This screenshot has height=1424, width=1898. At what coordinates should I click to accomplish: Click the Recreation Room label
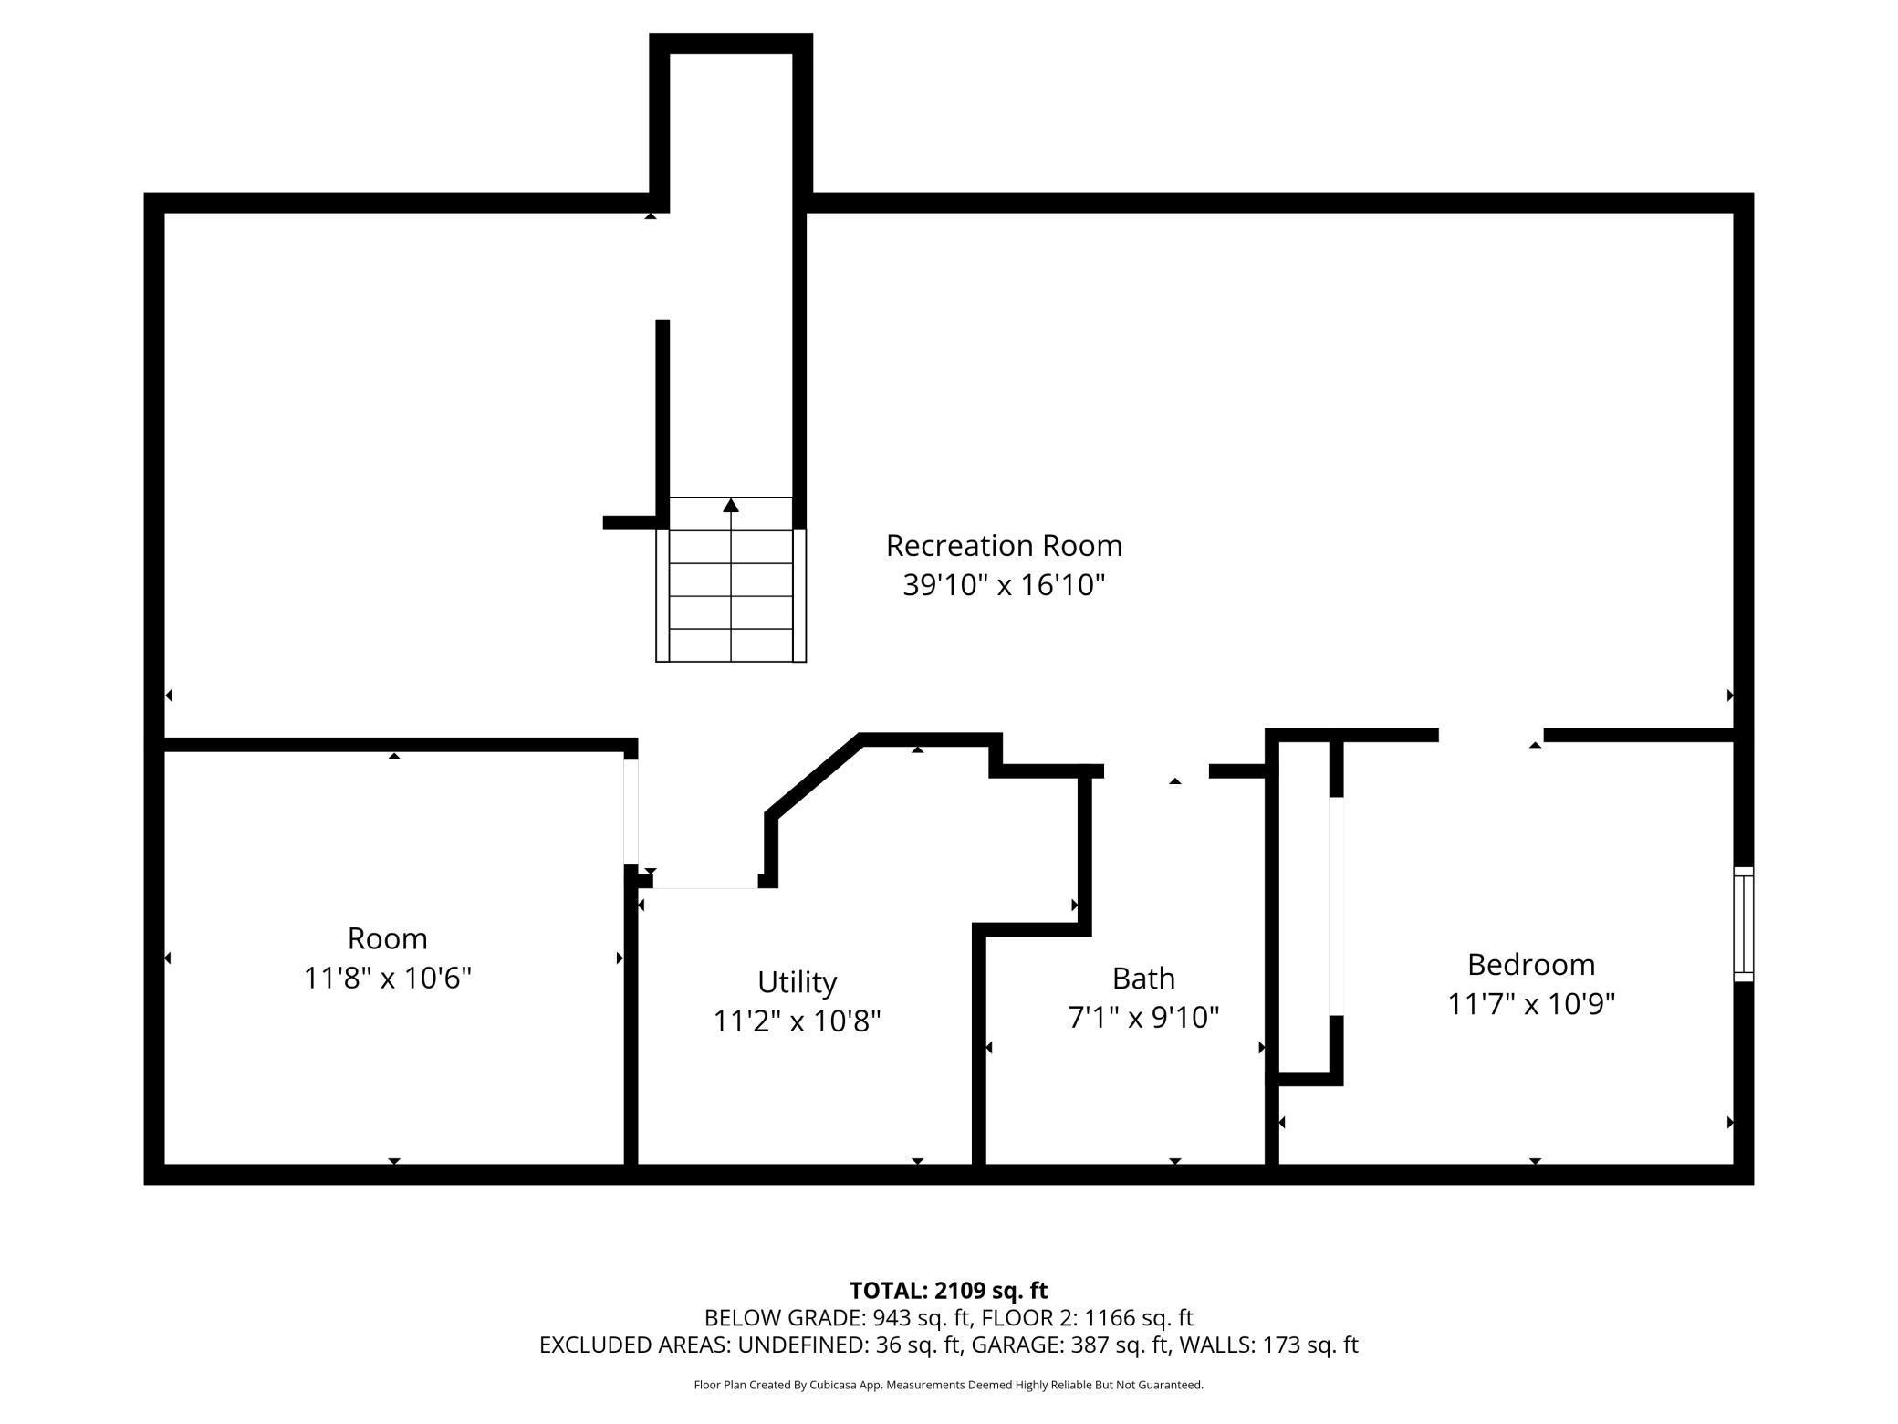(1004, 546)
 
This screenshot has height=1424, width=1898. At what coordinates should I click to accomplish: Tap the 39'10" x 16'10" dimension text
(1004, 585)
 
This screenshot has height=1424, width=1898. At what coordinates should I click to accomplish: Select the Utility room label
(797, 983)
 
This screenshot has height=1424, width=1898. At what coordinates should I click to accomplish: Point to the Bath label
(1143, 979)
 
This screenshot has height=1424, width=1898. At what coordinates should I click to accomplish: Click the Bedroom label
(1531, 965)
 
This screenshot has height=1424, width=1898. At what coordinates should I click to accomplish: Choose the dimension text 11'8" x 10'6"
(387, 979)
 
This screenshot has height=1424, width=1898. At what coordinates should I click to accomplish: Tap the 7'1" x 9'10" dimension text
(1143, 1018)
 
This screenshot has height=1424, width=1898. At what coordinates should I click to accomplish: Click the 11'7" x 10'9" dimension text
(1531, 1004)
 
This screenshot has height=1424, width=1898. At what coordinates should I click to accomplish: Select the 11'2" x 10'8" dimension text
(797, 1021)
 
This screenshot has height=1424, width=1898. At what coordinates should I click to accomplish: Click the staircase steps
(731, 580)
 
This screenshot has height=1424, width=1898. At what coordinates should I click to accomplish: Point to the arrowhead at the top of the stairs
(731, 505)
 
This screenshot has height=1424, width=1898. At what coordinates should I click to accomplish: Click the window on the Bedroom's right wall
(1743, 924)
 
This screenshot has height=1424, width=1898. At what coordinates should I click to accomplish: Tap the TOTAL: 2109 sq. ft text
(948, 1291)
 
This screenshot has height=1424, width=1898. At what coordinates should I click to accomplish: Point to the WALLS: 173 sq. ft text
(1269, 1345)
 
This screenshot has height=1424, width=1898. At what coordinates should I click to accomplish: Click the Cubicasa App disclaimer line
(948, 1385)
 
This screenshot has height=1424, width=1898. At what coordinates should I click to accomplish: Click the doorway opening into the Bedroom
(1491, 735)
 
